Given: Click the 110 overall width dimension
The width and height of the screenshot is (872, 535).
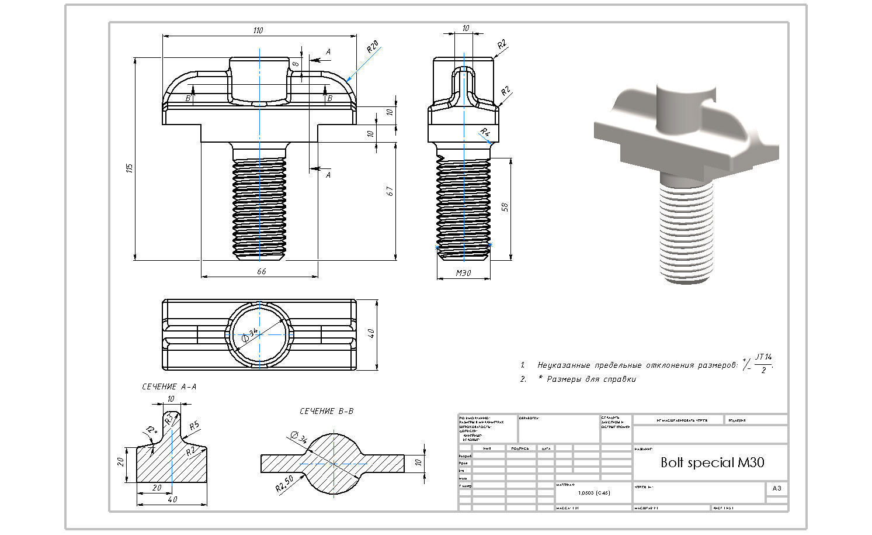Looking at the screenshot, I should pos(258,30).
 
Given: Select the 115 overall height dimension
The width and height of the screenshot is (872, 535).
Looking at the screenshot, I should pos(130,168).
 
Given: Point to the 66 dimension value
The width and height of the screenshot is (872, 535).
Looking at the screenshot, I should pos(261,271).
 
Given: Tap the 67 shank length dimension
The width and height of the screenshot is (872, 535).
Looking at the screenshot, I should pos(390,191).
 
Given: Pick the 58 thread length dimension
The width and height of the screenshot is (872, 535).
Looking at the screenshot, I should pos(505,207).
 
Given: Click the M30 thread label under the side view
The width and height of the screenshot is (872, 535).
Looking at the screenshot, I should pos(463,273).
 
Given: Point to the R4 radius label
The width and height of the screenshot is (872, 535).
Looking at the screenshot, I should pos(485,132).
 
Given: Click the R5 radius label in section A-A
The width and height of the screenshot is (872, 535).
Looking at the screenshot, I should pos(194,425).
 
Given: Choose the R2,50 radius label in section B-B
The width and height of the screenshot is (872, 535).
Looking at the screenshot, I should pos(285,483).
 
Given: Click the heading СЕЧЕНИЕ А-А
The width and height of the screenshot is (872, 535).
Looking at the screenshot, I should pos(169,386).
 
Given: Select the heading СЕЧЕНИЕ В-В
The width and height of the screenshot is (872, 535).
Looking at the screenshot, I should pos(326,411).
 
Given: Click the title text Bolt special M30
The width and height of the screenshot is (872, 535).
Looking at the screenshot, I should pos(712,462).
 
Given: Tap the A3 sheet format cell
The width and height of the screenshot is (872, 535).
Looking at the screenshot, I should pos(776,488).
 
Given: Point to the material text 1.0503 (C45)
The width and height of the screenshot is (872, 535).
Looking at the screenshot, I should pos(593,493).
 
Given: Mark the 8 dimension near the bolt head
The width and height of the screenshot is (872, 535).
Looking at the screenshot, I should pos(296,64).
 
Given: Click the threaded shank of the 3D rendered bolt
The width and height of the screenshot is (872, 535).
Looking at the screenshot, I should pos(687,234).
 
